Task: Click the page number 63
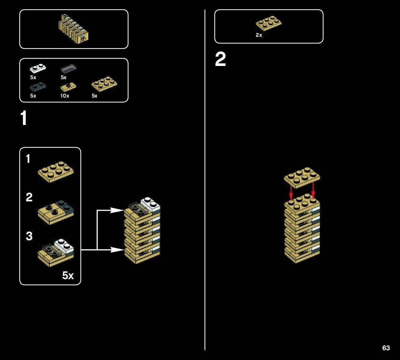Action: click(x=386, y=348)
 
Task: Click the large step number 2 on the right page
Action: click(x=221, y=60)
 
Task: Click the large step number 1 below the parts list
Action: click(x=24, y=119)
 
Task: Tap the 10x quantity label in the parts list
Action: click(x=65, y=96)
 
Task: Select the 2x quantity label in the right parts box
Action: click(x=259, y=35)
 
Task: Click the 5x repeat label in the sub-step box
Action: click(x=68, y=276)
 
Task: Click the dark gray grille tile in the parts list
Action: click(x=68, y=68)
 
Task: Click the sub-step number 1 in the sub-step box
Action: click(x=28, y=159)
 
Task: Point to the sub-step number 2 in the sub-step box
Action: click(x=29, y=198)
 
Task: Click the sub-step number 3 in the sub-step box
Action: click(x=29, y=236)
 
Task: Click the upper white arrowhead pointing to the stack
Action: click(x=117, y=210)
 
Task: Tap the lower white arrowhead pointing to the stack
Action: click(x=117, y=249)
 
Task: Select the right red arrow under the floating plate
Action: click(x=313, y=191)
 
